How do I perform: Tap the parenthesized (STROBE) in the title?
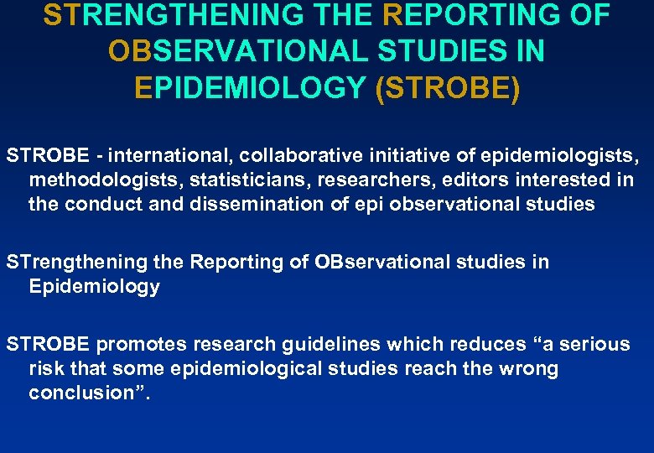(449, 88)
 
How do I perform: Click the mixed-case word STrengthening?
(78, 262)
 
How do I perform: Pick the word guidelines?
(314, 344)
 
